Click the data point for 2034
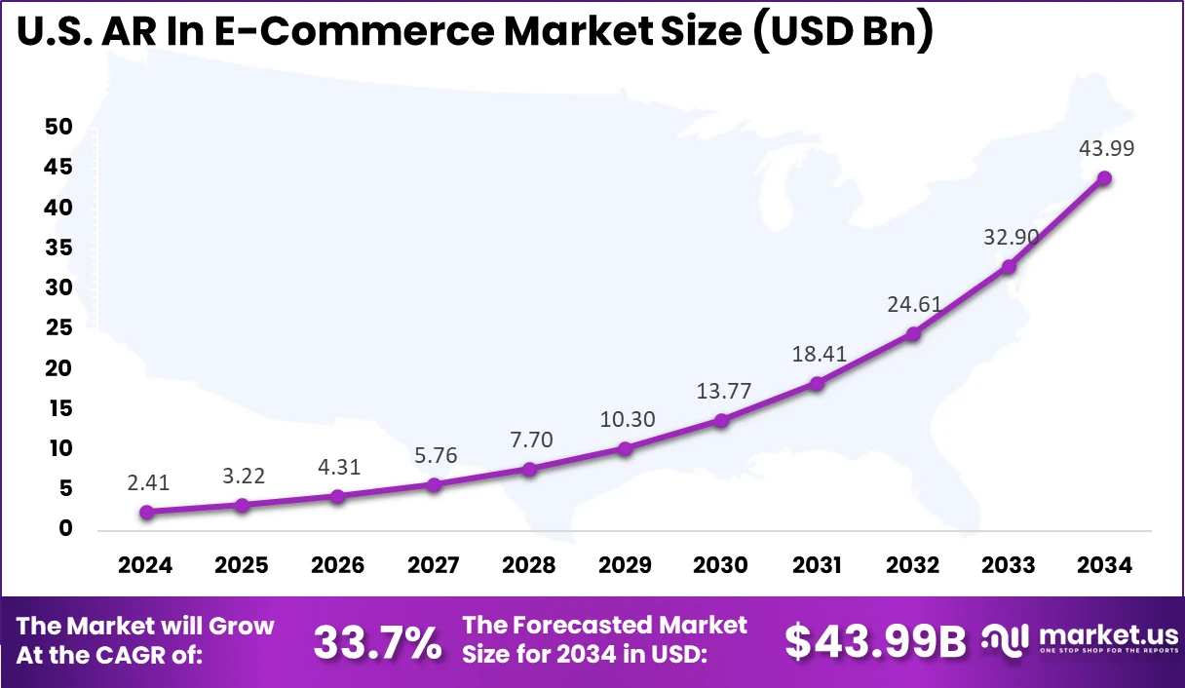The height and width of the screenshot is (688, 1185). click(1104, 178)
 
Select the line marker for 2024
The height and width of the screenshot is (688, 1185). click(146, 513)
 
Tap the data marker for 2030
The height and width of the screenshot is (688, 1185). click(721, 421)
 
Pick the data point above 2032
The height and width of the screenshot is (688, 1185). click(913, 334)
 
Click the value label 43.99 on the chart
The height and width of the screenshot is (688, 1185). click(1105, 149)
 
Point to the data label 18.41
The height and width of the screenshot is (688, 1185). click(817, 354)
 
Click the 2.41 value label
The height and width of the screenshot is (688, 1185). click(146, 482)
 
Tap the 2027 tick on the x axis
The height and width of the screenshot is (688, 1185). click(434, 566)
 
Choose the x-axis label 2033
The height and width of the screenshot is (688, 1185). click(1009, 566)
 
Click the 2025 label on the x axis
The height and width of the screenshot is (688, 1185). click(242, 566)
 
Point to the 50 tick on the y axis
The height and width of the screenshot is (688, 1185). click(58, 128)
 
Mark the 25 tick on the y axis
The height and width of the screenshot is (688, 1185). click(58, 328)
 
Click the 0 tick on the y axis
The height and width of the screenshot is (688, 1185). click(65, 529)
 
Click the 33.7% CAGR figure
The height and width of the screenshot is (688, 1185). click(377, 642)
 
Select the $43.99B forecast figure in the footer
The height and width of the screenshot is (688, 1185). click(875, 642)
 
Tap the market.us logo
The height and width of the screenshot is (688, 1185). click(1077, 639)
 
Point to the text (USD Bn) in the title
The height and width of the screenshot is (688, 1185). click(844, 31)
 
